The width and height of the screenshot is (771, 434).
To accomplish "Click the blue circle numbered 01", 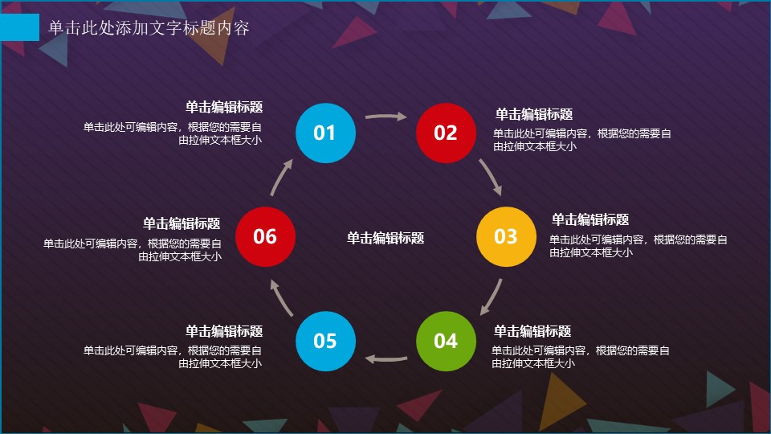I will [x=325, y=133].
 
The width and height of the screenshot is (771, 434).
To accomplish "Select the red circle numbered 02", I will [x=446, y=133].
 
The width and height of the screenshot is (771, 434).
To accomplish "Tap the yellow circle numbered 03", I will [x=506, y=236].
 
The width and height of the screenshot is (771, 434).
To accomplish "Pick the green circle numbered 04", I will [x=446, y=341].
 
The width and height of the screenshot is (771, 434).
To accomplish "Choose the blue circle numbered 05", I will [x=325, y=341].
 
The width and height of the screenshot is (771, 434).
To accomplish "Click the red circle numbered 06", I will [x=266, y=236].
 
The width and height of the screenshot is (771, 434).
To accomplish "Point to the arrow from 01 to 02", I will [x=386, y=117].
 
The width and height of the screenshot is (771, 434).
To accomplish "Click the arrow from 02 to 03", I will [x=491, y=176].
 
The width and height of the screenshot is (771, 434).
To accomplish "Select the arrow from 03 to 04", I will [x=492, y=297].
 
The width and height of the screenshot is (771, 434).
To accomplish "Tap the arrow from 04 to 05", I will [x=385, y=358].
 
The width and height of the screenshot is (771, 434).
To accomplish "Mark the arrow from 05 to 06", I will [x=280, y=297].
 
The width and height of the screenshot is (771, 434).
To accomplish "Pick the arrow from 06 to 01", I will [x=280, y=176].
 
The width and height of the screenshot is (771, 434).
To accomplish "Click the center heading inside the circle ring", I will [x=385, y=238].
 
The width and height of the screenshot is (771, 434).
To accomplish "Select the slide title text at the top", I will [x=149, y=27].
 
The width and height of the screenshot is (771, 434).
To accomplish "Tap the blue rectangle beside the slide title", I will [x=19, y=27].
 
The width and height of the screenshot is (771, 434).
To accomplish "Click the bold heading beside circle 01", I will [x=224, y=107].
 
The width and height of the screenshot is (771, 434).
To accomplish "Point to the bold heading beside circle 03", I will [x=590, y=219].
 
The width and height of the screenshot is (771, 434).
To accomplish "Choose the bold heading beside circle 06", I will [x=182, y=223].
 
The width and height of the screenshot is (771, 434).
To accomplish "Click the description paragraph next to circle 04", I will [x=580, y=357].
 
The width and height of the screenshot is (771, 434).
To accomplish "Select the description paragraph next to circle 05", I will [x=173, y=357].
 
